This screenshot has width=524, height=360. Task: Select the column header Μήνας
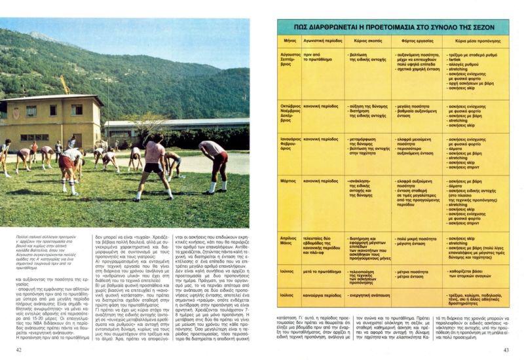pos(291,41)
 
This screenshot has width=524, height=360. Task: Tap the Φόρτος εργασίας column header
pos(409,41)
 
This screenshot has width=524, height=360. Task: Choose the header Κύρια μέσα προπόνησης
pos(474,41)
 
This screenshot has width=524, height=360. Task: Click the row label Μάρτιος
pos(290,181)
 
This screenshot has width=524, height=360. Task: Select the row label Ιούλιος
pos(289,295)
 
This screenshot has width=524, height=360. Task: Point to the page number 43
pos(506,350)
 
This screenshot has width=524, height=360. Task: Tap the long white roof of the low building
pos(170,122)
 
